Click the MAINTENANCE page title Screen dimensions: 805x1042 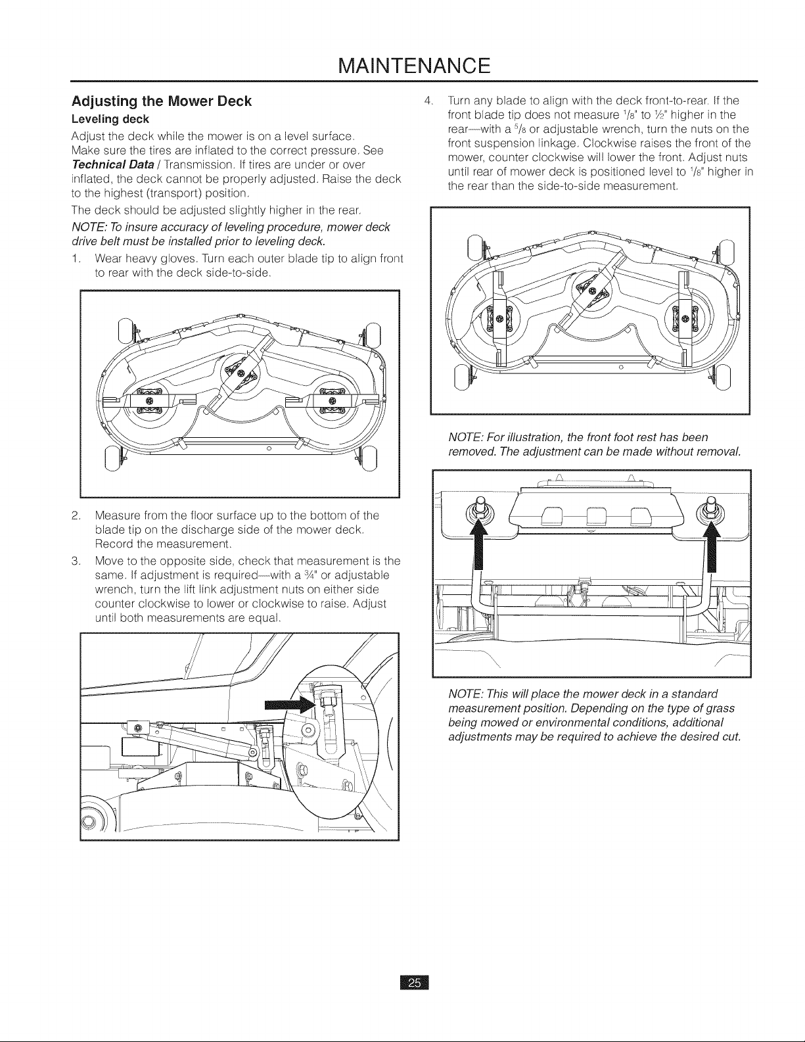tap(414, 66)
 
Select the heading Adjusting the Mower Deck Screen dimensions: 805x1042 tap(162, 101)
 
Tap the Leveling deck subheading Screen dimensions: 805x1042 tap(110, 119)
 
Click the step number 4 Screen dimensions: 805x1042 tap(428, 101)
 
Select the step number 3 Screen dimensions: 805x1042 tap(75, 561)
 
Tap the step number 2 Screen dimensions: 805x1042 tap(75, 516)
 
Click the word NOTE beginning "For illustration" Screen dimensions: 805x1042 tap(464, 437)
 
